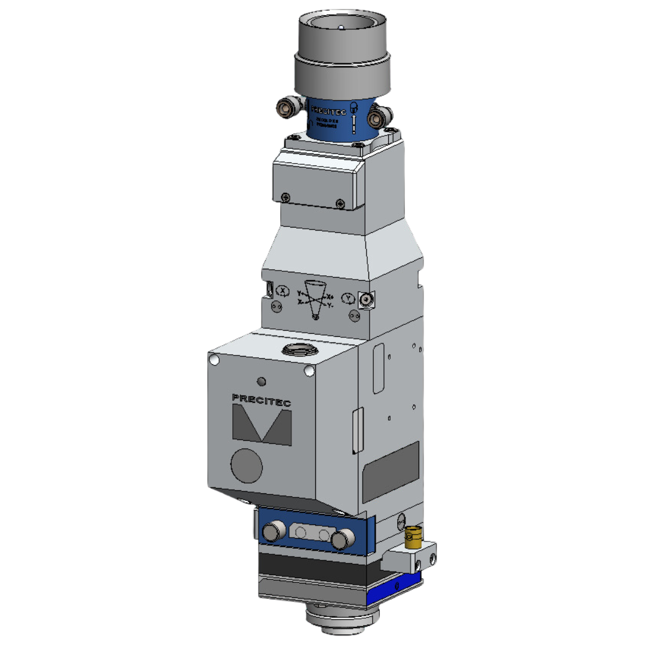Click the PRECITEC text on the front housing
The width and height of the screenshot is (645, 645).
coord(261,400)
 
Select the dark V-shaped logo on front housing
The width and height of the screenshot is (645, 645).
coord(261,426)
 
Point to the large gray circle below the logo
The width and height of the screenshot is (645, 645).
coord(246,465)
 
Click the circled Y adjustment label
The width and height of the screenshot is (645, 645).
coord(348,297)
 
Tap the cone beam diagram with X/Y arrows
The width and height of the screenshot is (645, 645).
coord(315,299)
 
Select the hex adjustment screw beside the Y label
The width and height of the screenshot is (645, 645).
coord(365,299)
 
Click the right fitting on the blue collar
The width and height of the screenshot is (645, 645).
coord(376,118)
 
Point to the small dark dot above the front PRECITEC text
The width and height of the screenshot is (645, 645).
coord(260,382)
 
